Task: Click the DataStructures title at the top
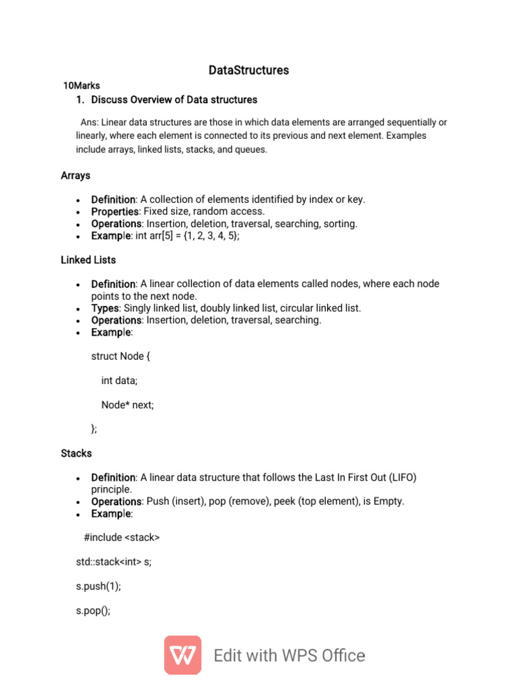(248, 70)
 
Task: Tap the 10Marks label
(81, 86)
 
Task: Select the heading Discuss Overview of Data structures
(174, 100)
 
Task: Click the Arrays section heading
(75, 175)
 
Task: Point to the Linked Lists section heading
(88, 259)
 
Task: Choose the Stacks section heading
(76, 453)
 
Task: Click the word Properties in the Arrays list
(114, 212)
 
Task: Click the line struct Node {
(120, 356)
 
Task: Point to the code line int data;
(119, 381)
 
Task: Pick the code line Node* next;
(127, 405)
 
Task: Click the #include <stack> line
(122, 538)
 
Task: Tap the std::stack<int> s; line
(114, 562)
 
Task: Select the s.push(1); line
(98, 586)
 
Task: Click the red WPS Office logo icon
(182, 655)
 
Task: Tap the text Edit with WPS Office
(289, 656)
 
